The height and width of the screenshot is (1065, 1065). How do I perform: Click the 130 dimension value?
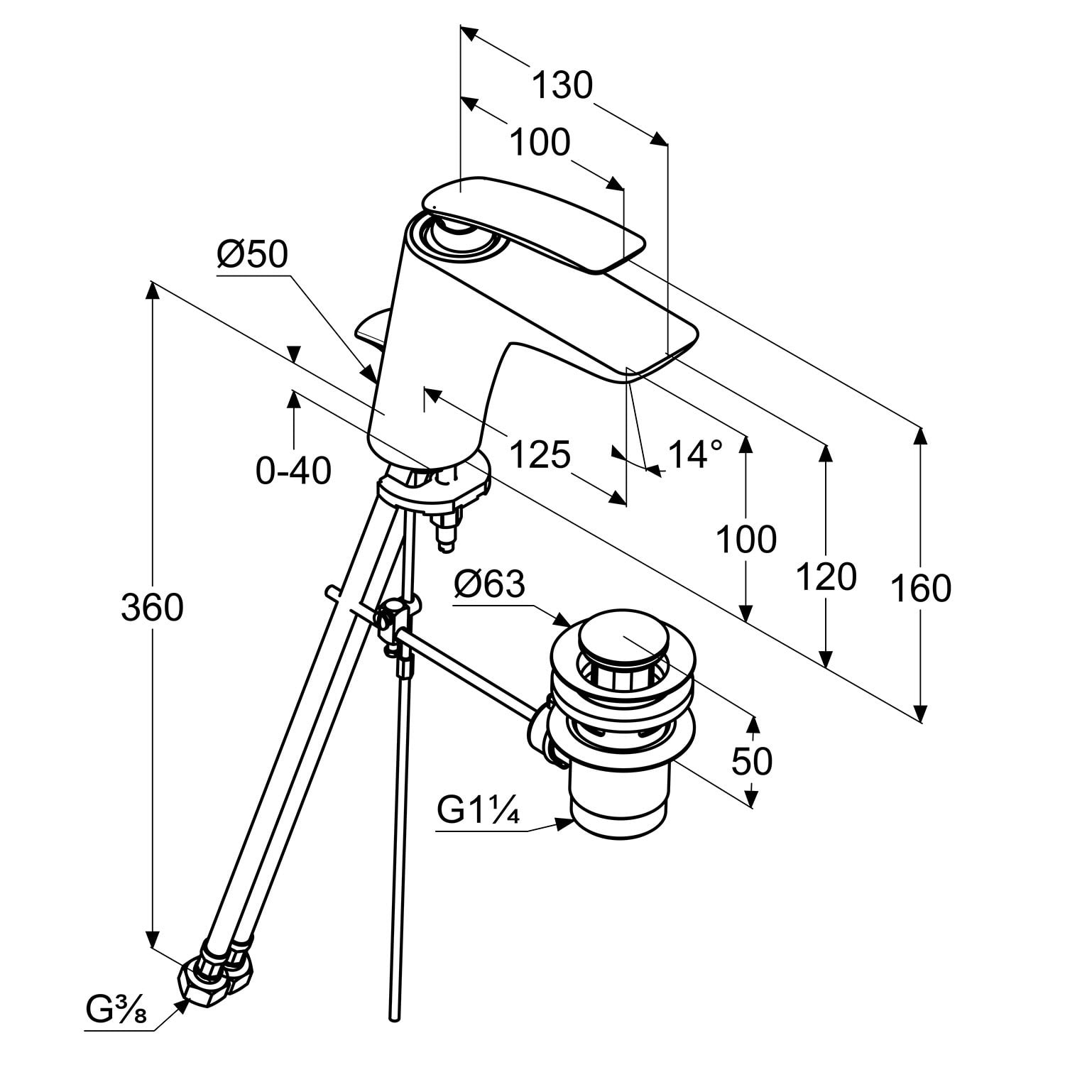pos(562,86)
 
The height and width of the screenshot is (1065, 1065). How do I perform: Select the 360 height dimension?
pos(152,608)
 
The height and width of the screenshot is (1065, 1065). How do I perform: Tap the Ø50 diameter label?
pos(253,253)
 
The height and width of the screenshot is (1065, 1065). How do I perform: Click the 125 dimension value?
pos(540,454)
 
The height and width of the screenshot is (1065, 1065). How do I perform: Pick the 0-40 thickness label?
pos(293,470)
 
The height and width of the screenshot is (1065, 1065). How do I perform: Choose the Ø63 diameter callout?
pos(490,584)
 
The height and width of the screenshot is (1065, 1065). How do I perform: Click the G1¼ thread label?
pos(478,811)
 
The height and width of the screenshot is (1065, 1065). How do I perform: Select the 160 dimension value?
pos(920,589)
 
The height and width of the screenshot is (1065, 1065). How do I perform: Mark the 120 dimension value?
pos(826,577)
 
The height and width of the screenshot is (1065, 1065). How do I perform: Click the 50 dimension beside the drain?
pos(752,762)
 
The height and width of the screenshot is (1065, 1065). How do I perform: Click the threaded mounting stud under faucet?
pos(446,533)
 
